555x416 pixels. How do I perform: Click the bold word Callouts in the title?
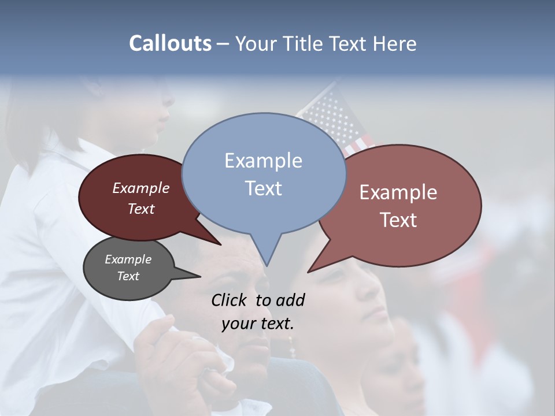coord(170,44)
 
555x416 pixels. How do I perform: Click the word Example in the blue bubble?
coord(263,161)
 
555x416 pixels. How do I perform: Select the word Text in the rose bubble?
coord(398,220)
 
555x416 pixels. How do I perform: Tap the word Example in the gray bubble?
coord(128,259)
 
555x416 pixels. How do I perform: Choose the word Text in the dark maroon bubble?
coord(141,209)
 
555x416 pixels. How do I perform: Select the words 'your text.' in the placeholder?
coord(258,324)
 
